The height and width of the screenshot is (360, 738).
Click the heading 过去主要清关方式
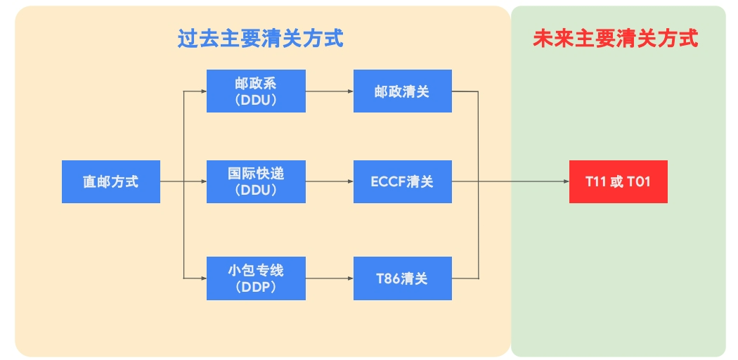click(260, 38)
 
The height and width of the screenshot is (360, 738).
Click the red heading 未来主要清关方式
click(615, 38)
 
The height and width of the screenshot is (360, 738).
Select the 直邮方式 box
click(110, 182)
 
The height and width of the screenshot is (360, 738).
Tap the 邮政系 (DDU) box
click(256, 91)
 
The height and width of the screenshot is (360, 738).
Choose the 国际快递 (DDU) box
click(256, 182)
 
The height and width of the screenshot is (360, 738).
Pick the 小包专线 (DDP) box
click(256, 278)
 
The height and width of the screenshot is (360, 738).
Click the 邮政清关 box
click(402, 91)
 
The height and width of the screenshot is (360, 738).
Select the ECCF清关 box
click(402, 182)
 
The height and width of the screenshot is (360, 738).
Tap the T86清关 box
click(402, 278)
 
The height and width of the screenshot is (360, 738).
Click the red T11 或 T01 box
click(618, 182)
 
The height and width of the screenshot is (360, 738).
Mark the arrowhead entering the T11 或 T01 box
click(565, 182)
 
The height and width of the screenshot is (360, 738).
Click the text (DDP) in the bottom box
click(256, 288)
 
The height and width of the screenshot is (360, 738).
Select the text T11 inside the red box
click(595, 182)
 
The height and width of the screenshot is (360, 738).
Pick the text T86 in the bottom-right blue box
click(388, 278)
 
